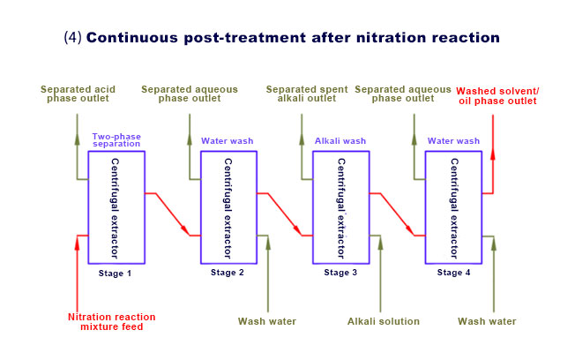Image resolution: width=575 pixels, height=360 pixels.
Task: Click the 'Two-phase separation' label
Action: (117, 140)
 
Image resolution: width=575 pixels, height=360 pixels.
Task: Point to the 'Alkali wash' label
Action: (340, 140)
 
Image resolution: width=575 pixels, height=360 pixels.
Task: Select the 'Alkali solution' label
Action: (384, 321)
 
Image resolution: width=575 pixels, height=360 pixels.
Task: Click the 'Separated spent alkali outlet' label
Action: (307, 94)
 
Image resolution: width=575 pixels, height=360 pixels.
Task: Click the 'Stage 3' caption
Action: (340, 273)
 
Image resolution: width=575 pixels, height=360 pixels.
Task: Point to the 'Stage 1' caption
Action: (116, 273)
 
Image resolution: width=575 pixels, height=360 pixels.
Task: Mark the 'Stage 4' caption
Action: (454, 273)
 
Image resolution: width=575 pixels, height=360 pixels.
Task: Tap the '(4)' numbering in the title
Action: (73, 38)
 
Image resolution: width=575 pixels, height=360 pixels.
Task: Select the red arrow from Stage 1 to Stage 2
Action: (172, 213)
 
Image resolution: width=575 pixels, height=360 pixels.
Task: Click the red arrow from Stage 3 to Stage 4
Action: (397, 213)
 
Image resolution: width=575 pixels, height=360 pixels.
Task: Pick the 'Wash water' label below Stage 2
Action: (267, 321)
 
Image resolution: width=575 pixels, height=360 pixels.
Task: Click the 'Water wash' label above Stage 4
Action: (454, 140)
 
